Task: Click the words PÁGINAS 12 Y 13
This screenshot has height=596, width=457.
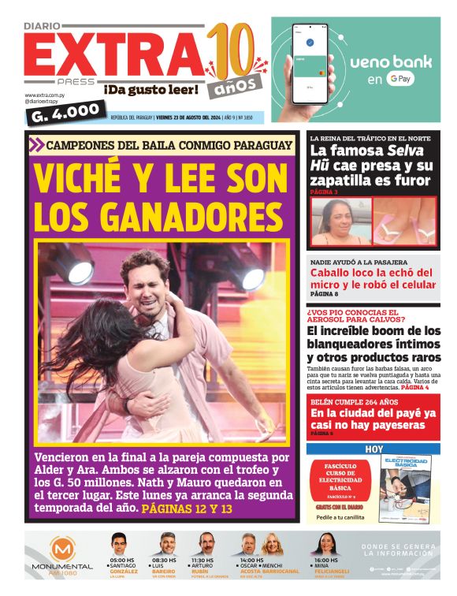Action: [x=188, y=509]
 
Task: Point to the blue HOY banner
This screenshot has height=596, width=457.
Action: [x=373, y=449]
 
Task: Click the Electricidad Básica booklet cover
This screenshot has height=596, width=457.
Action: [x=405, y=488]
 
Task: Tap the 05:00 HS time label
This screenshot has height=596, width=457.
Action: [x=123, y=561]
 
